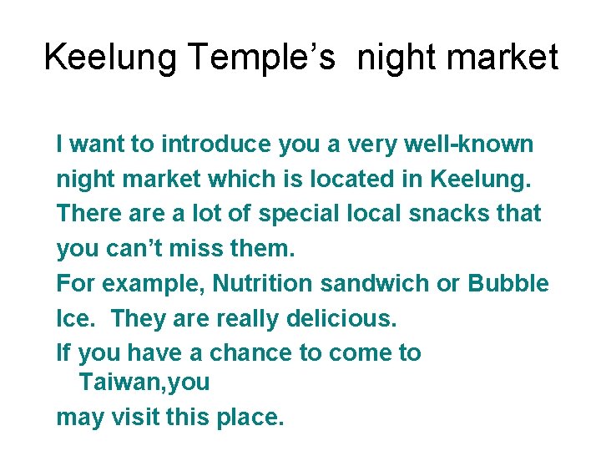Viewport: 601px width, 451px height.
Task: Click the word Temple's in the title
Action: [x=262, y=58]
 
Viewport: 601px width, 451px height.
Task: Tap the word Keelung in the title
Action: [x=111, y=58]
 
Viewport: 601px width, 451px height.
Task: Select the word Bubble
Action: [x=508, y=283]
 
